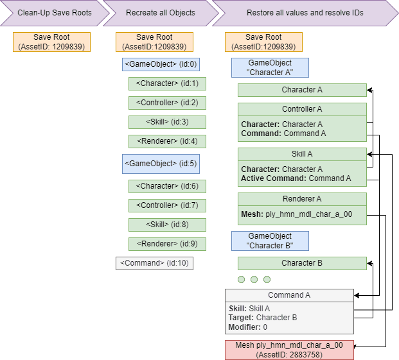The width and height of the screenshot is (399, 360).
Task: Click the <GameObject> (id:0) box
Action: pyautogui.click(x=161, y=64)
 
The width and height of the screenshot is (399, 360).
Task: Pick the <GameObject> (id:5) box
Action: pyautogui.click(x=161, y=164)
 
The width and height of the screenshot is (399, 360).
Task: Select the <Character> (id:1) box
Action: pyautogui.click(x=167, y=83)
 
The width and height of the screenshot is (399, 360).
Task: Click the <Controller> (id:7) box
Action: pyautogui.click(x=167, y=205)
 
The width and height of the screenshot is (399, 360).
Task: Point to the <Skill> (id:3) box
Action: pyautogui.click(x=167, y=122)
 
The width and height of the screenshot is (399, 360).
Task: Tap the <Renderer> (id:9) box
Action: pyautogui.click(x=167, y=244)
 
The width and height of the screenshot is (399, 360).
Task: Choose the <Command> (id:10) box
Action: pyautogui.click(x=154, y=263)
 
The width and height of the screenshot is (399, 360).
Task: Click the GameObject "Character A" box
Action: pyautogui.click(x=270, y=68)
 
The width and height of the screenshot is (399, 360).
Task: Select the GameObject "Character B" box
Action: pyautogui.click(x=270, y=241)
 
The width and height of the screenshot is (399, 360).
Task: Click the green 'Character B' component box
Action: pyautogui.click(x=302, y=263)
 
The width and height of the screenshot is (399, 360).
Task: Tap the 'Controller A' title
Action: pyautogui.click(x=302, y=109)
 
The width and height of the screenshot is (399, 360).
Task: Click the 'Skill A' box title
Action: pyautogui.click(x=302, y=154)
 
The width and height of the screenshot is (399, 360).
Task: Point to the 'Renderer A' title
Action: pyautogui.click(x=302, y=199)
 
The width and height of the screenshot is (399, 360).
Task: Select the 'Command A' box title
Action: pyautogui.click(x=289, y=295)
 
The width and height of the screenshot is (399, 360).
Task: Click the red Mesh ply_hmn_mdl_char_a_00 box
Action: pyautogui.click(x=289, y=350)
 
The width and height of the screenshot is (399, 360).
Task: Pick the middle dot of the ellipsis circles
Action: pyautogui.click(x=254, y=279)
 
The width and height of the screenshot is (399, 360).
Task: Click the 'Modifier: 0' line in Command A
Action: pyautogui.click(x=248, y=327)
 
